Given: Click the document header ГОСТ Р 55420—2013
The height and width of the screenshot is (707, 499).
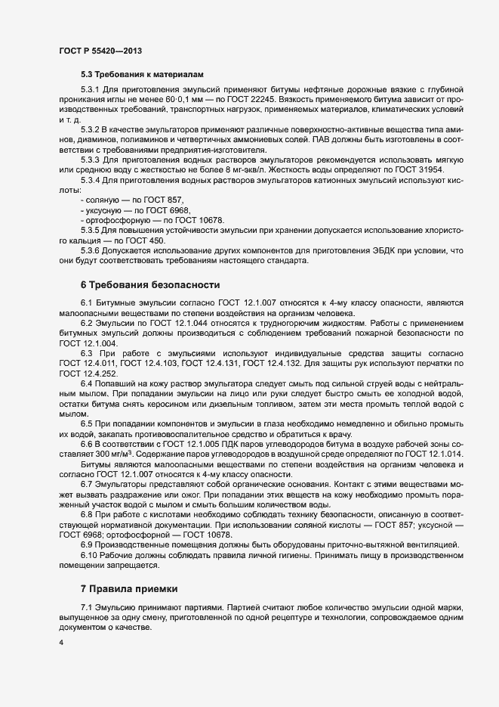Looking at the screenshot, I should (100, 51).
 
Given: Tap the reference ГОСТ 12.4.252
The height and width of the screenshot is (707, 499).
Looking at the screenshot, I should (89, 374).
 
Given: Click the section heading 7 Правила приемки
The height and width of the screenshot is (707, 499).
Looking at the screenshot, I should (129, 588).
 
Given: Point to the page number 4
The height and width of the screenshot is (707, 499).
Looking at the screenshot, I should (60, 643).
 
